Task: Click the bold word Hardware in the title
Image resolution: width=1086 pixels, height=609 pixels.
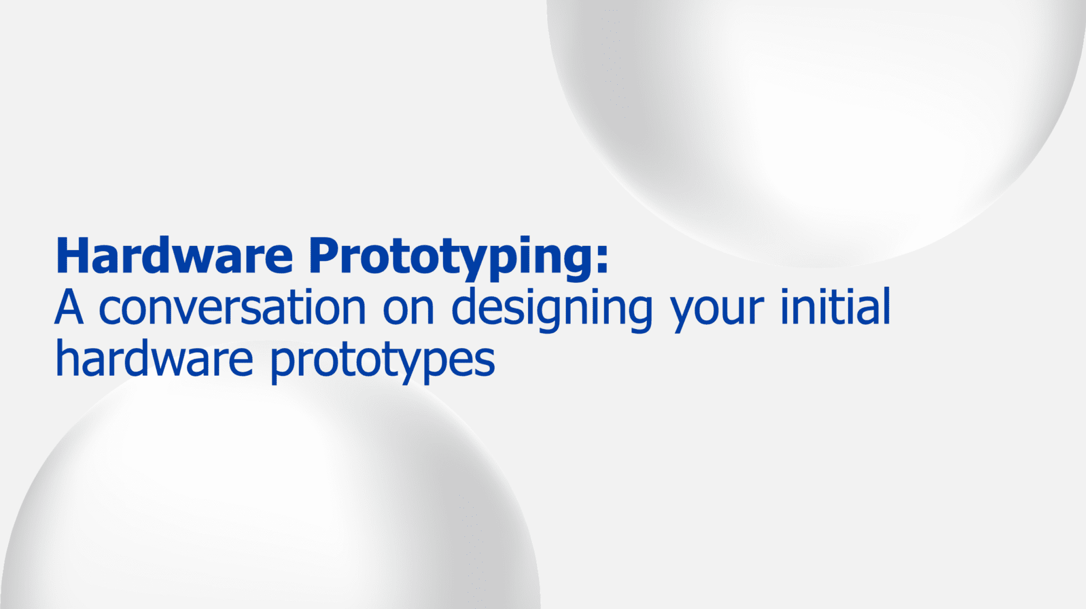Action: pyautogui.click(x=174, y=256)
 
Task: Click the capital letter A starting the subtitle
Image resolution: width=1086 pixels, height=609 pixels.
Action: pyautogui.click(x=69, y=307)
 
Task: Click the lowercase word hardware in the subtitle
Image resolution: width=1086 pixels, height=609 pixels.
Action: pyautogui.click(x=154, y=359)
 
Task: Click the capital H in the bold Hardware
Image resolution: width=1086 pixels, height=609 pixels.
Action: pyautogui.click(x=71, y=256)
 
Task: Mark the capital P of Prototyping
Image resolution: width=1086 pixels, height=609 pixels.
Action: pyautogui.click(x=325, y=256)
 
